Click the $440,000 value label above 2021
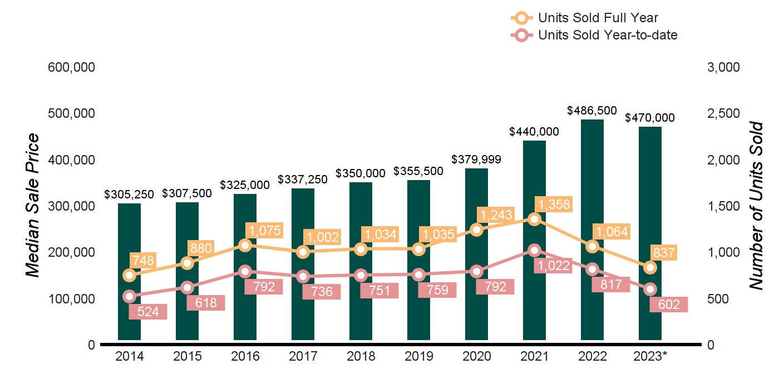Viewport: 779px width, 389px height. [534, 132]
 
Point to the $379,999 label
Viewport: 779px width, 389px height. [476, 159]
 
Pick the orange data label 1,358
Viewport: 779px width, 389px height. [552, 205]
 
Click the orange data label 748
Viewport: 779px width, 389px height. [143, 260]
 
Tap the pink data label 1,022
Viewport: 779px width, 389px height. [552, 266]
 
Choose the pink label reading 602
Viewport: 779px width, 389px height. [669, 305]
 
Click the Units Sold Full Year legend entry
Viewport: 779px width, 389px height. [584, 18]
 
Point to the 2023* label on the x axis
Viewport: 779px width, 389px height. [650, 357]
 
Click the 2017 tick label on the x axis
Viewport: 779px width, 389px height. [303, 357]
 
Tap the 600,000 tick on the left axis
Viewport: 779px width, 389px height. [72, 67]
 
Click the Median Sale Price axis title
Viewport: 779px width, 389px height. [33, 206]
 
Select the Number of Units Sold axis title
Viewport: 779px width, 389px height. [756, 206]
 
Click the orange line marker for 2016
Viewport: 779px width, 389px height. [245, 245]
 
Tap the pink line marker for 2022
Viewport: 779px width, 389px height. [592, 270]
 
